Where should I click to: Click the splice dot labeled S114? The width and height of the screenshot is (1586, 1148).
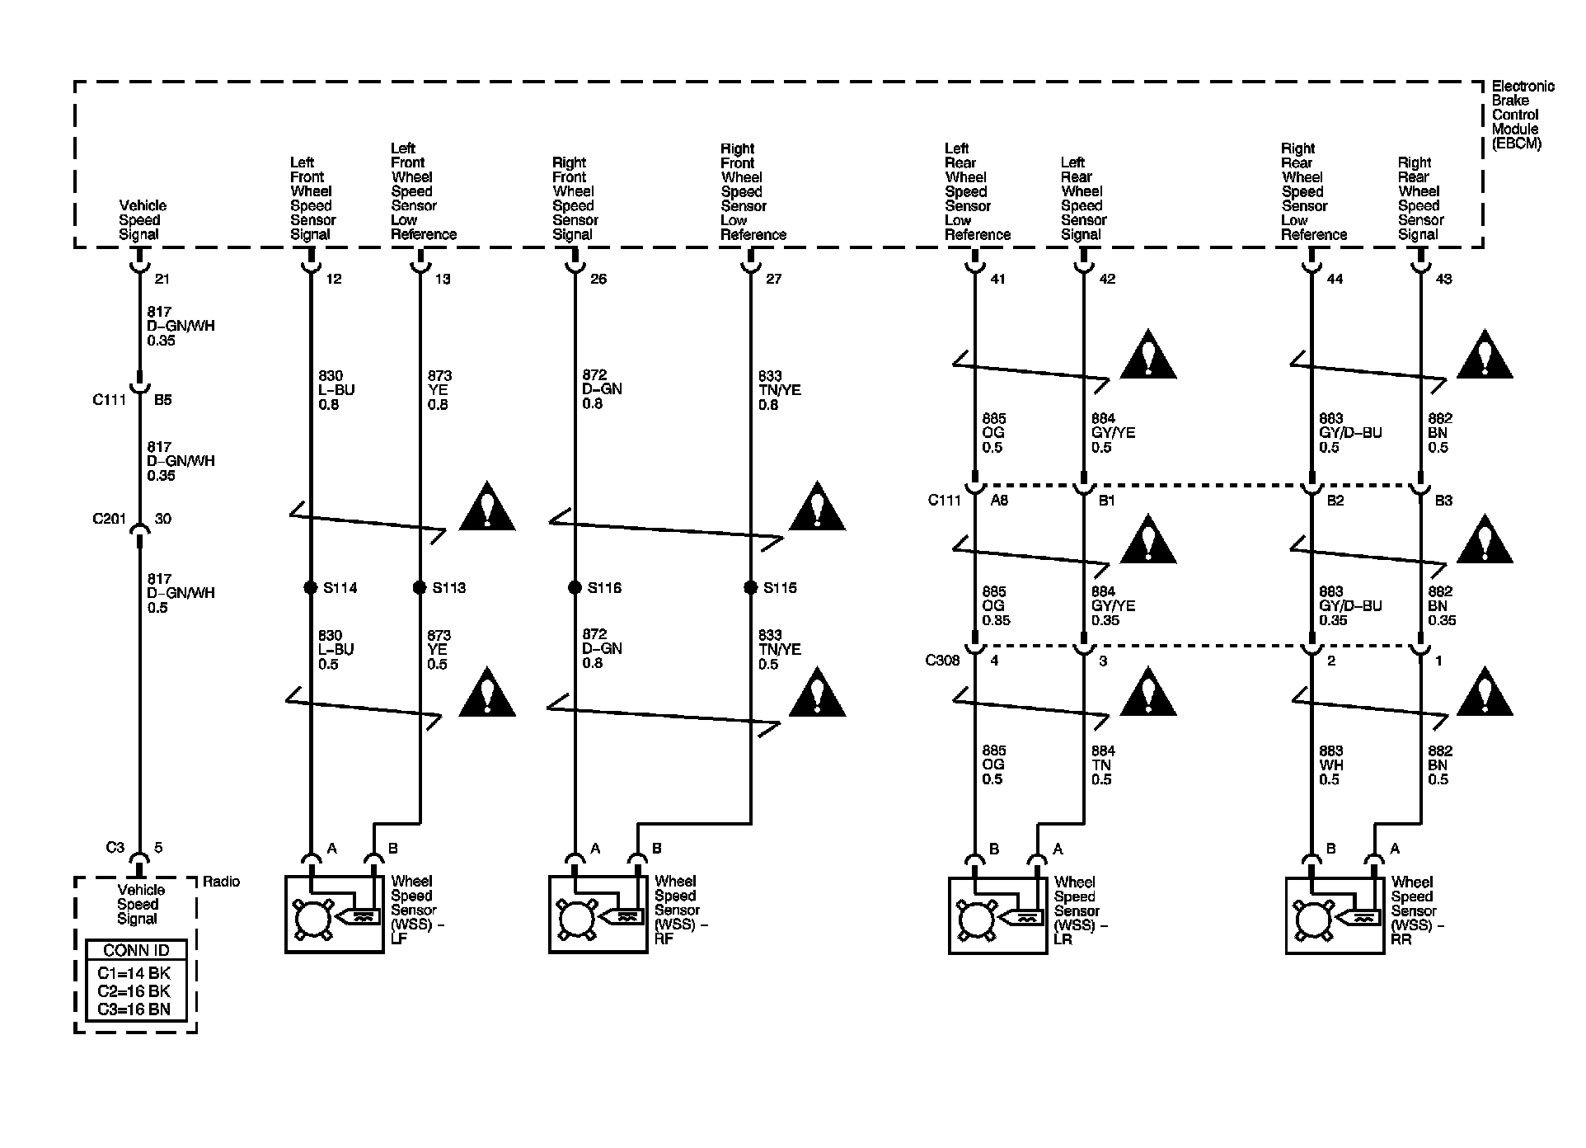310,587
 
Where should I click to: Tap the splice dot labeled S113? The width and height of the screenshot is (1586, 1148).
420,587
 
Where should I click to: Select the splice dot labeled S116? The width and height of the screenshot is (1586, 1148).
575,587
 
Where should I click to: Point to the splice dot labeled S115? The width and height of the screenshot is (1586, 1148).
750,587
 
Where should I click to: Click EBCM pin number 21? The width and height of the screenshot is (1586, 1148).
162,279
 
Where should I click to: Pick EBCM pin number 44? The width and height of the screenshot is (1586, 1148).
1335,279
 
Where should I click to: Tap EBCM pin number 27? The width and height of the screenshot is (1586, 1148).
773,279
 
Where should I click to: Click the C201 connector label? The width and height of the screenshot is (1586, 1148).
109,519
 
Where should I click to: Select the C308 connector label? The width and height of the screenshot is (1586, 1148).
943,661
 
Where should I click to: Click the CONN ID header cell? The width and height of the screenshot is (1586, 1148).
137,950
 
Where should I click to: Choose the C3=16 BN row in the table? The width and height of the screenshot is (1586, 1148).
137,1009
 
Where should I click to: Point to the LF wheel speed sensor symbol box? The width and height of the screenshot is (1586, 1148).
335,915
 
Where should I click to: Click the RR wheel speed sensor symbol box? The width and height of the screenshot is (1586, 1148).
1335,915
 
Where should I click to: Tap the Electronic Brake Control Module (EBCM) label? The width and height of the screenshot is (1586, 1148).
1522,115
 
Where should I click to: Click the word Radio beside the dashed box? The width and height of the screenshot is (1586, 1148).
221,882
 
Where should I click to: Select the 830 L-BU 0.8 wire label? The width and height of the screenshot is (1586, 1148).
336,389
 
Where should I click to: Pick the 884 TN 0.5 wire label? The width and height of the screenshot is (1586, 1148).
1103,765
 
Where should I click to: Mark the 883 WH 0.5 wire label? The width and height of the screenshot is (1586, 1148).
1330,765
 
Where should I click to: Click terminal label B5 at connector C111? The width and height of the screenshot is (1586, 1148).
163,399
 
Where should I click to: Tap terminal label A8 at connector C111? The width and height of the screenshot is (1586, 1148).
999,500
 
